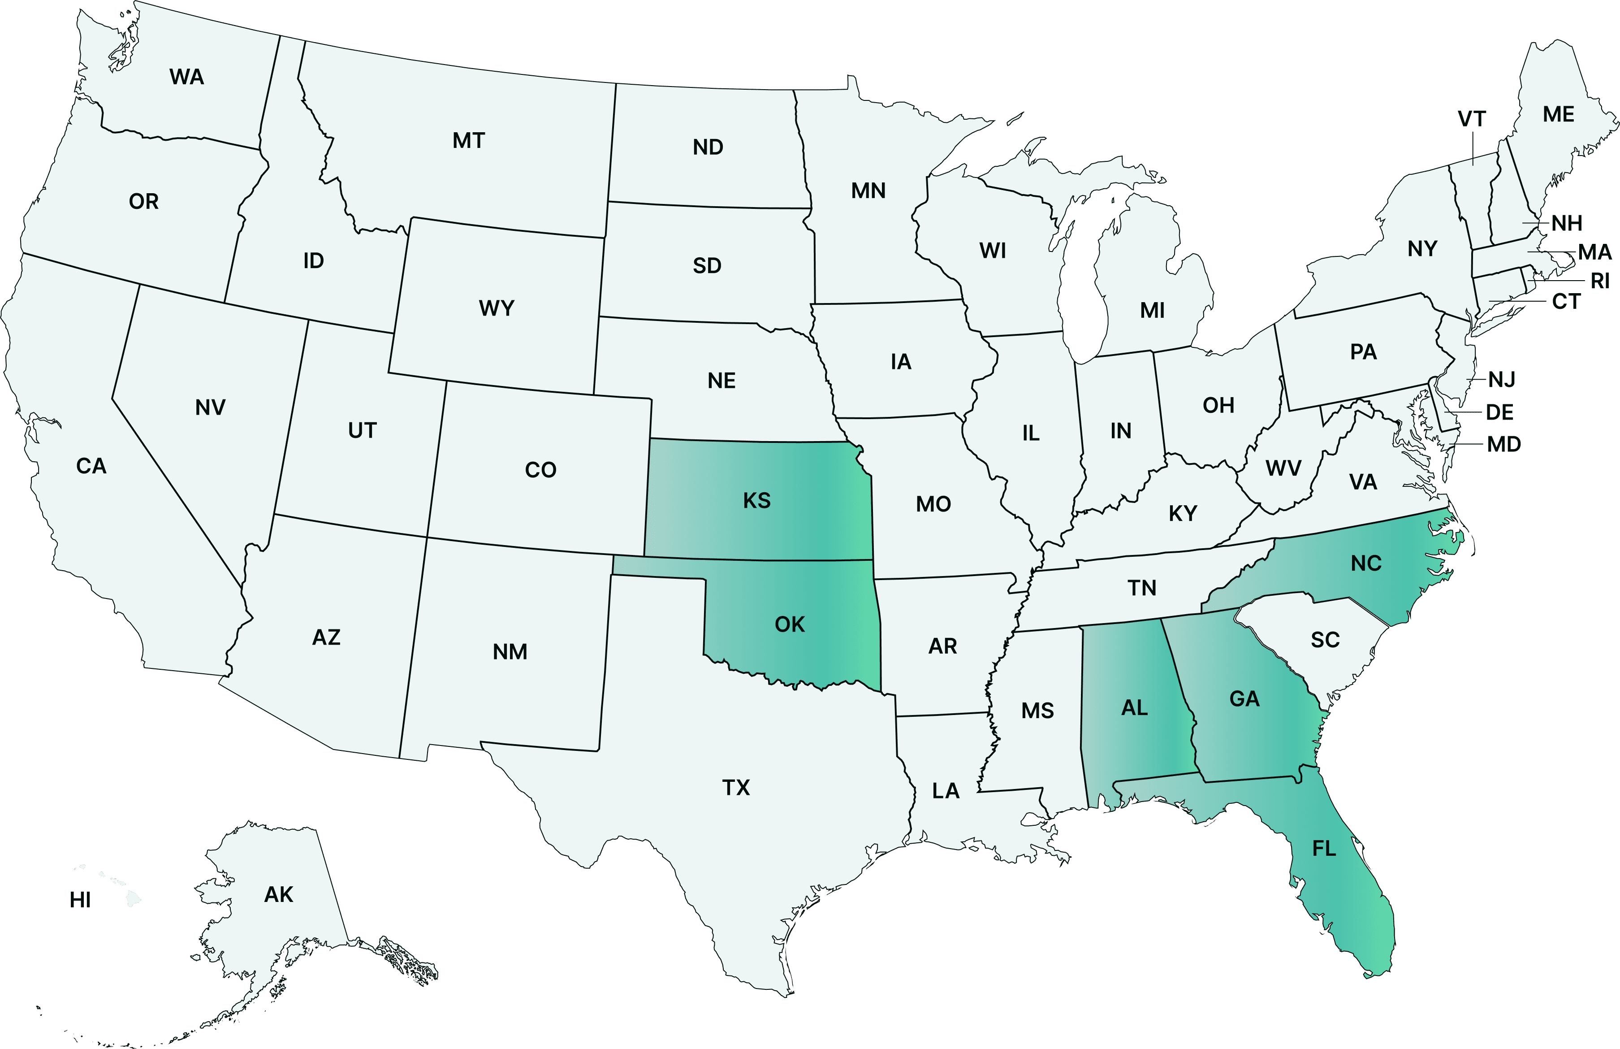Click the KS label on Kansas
pyautogui.click(x=756, y=500)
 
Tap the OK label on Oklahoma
pyautogui.click(x=790, y=624)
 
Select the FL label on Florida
pyautogui.click(x=1324, y=848)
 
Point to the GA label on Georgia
pyautogui.click(x=1244, y=698)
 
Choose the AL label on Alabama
pyautogui.click(x=1134, y=708)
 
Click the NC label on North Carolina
pyautogui.click(x=1366, y=563)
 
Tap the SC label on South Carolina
pyautogui.click(x=1325, y=640)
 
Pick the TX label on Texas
pyautogui.click(x=736, y=788)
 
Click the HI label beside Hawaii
pyautogui.click(x=80, y=900)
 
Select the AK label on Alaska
pyautogui.click(x=278, y=894)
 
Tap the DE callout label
pyautogui.click(x=1499, y=412)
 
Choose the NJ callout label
pyautogui.click(x=1502, y=379)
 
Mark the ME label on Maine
pyautogui.click(x=1559, y=114)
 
